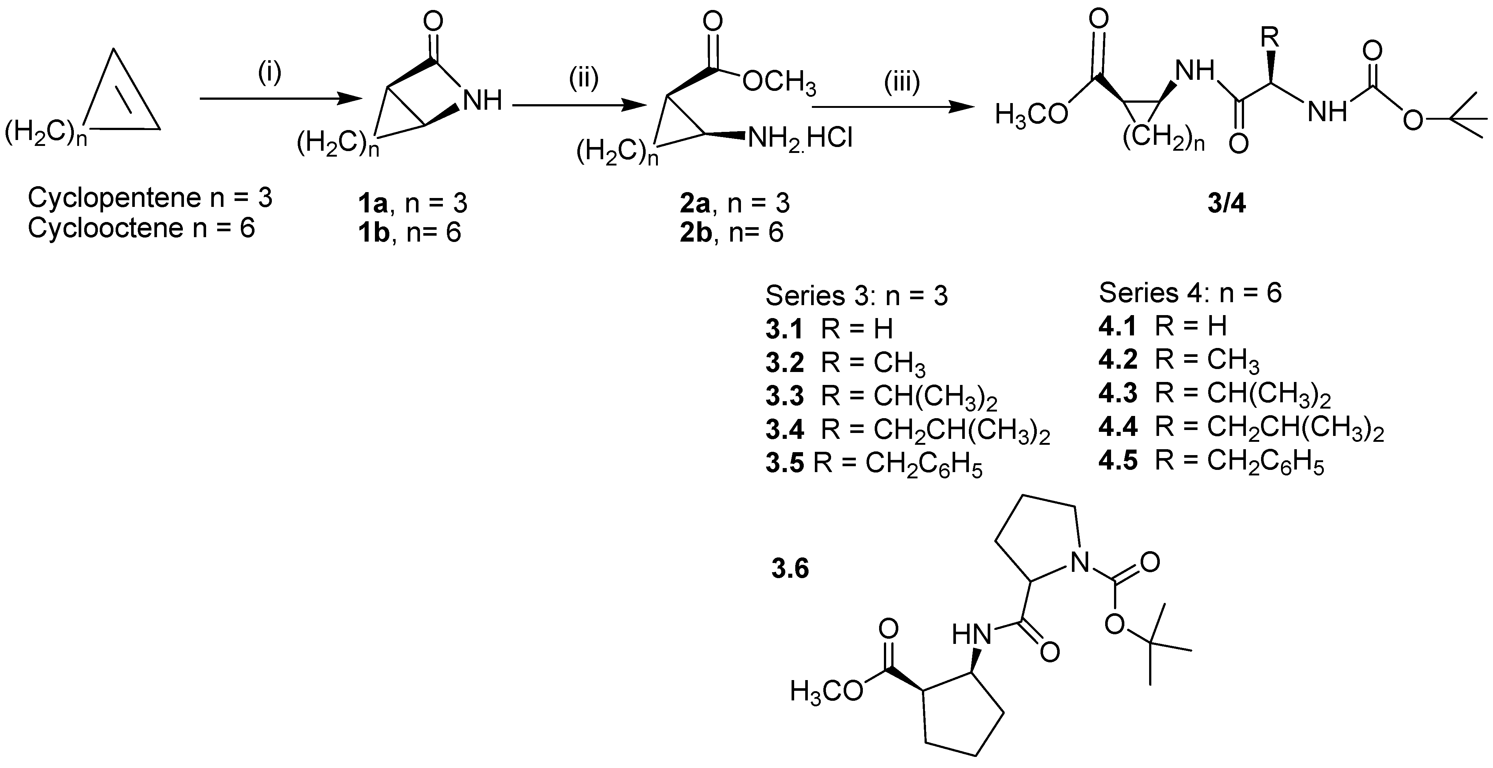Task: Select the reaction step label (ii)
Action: tap(583, 78)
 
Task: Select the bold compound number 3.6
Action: tap(790, 569)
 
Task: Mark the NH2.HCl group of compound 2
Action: tap(800, 139)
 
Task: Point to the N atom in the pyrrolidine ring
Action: tap(1080, 562)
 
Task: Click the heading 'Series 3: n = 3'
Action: tap(857, 296)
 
